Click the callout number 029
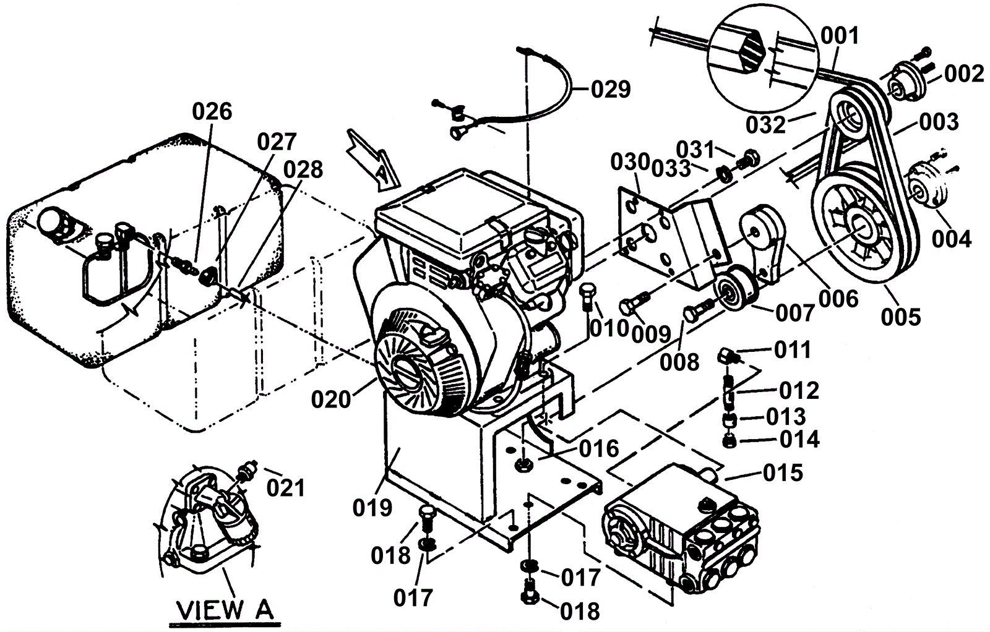[x=611, y=90]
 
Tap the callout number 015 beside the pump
[x=783, y=473]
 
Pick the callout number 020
[x=331, y=400]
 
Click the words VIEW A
[x=225, y=610]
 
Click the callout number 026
[x=212, y=112]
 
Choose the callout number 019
[x=372, y=508]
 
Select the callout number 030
[x=630, y=163]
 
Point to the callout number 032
[x=766, y=125]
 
